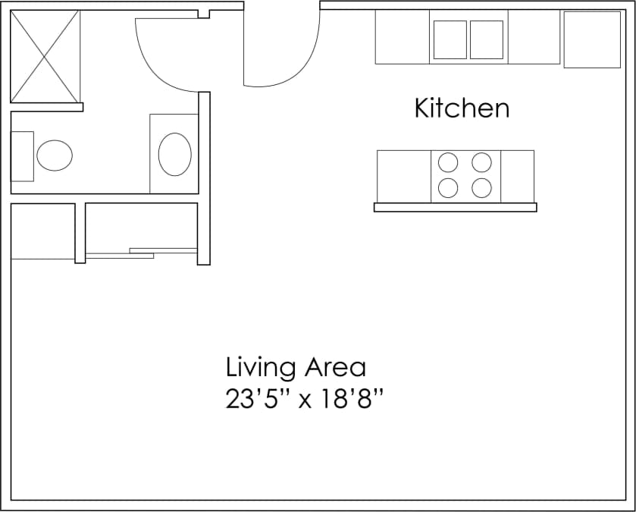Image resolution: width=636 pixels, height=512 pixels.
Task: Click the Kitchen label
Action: [462, 108]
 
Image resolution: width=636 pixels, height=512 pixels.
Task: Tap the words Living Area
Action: [296, 368]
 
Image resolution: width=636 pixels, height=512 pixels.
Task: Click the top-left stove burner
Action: [448, 162]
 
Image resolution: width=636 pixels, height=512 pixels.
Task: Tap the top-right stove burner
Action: [481, 162]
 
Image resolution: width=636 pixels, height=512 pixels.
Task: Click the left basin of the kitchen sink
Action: [450, 39]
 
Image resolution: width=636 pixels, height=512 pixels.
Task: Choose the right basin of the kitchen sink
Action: [486, 39]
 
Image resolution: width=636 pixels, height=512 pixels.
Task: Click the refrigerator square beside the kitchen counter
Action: [591, 39]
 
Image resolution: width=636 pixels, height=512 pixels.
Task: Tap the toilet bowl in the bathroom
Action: [55, 155]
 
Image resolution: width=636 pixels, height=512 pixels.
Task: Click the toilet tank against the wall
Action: [22, 155]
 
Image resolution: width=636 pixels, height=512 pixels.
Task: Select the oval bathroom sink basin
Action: [174, 154]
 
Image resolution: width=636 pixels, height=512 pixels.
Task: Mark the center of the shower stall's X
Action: [45, 56]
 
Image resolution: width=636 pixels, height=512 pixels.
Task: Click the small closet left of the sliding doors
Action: [42, 231]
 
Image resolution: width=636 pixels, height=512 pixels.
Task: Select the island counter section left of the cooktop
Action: [404, 176]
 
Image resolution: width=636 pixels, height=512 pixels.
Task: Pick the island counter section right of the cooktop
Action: [517, 176]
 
